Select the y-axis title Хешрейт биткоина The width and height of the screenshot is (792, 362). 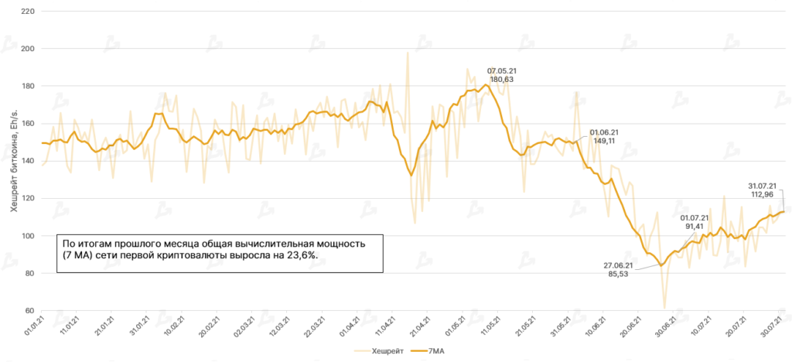14,161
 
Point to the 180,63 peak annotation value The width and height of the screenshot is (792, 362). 502,80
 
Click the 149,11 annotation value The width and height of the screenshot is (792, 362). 604,142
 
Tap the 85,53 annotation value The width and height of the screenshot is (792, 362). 618,275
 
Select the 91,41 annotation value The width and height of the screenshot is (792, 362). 695,227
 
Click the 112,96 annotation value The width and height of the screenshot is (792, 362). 763,195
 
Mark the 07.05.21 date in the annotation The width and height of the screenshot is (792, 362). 502,70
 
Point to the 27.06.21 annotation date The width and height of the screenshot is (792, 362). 618,265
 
